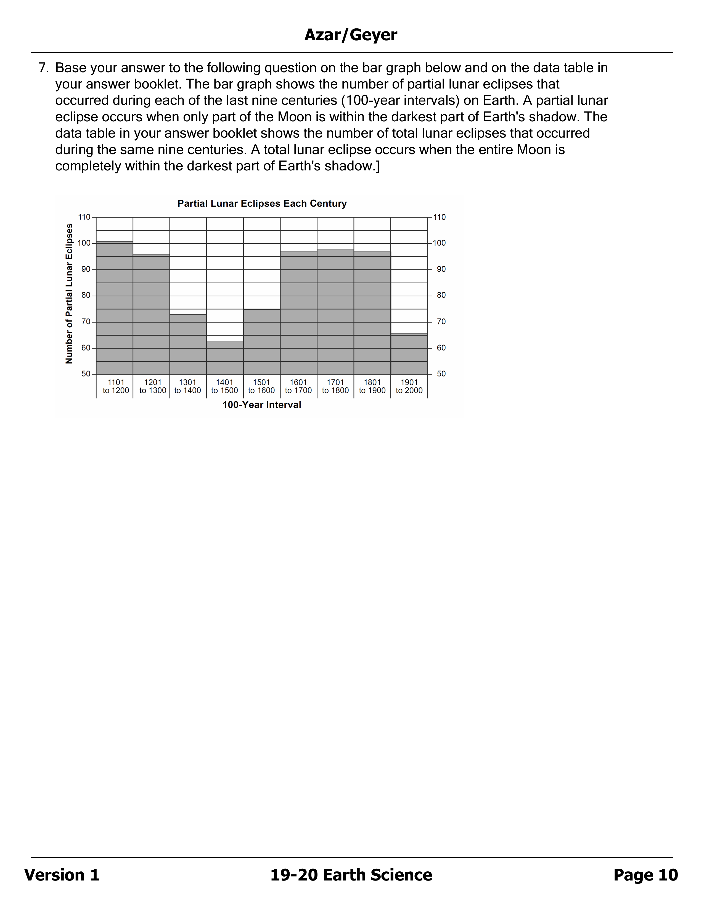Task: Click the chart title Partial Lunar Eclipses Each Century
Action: [x=262, y=203]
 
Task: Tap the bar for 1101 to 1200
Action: [x=115, y=308]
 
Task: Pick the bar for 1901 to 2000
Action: [x=409, y=354]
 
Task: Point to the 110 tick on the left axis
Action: [x=84, y=217]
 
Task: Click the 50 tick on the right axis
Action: [x=441, y=374]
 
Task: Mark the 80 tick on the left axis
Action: [x=86, y=295]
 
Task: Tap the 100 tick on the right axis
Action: [x=440, y=243]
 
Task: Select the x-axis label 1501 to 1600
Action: [x=261, y=386]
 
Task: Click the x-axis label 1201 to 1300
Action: [x=153, y=386]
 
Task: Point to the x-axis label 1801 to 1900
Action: [x=372, y=386]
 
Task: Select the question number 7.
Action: [x=43, y=68]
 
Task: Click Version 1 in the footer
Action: [x=62, y=875]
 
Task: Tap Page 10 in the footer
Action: [x=646, y=875]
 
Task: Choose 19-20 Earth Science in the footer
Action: [x=351, y=875]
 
